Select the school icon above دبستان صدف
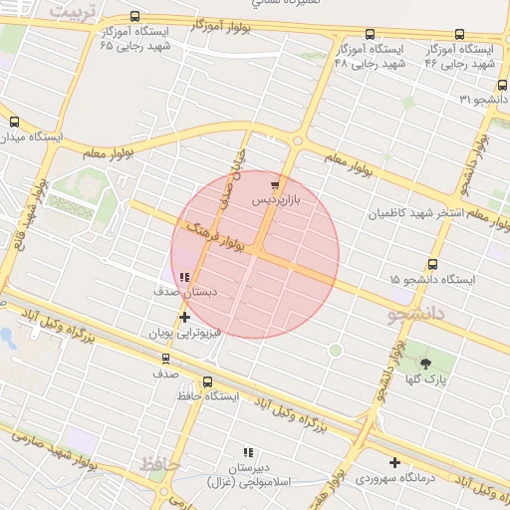pyautogui.click(x=183, y=277)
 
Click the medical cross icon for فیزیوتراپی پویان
pyautogui.click(x=184, y=317)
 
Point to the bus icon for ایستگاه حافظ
pyautogui.click(x=207, y=381)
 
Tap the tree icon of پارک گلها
pyautogui.click(x=426, y=364)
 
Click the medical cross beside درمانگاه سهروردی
pyautogui.click(x=395, y=462)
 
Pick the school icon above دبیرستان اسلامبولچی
pyautogui.click(x=247, y=453)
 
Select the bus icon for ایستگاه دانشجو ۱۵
pyautogui.click(x=432, y=264)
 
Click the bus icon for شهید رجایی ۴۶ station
pyautogui.click(x=459, y=35)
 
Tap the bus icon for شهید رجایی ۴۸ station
pyautogui.click(x=371, y=35)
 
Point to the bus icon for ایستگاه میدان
pyautogui.click(x=13, y=122)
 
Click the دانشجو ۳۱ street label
pyautogui.click(x=484, y=99)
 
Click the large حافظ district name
pyautogui.click(x=159, y=465)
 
